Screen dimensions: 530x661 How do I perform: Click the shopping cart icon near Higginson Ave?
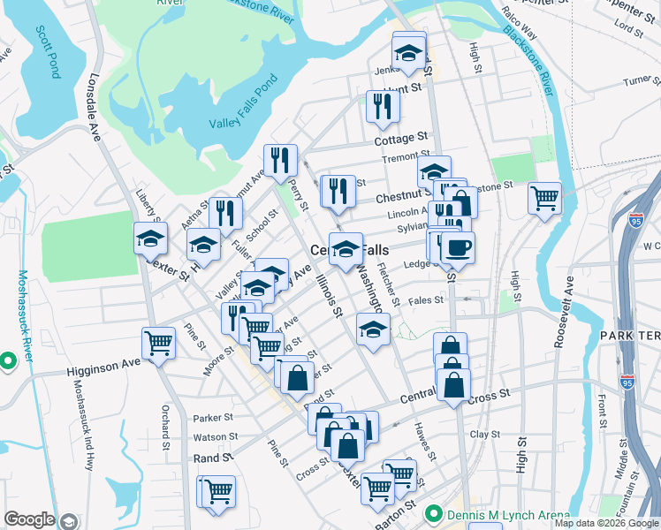tap(159, 343)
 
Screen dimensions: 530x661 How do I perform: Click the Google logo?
tap(30, 519)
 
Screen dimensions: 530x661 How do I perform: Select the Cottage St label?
tap(400, 139)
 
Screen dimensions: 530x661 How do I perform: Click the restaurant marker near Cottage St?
tap(383, 106)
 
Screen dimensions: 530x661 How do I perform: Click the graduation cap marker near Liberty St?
tap(150, 238)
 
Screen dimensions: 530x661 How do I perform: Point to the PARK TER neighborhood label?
tap(629, 337)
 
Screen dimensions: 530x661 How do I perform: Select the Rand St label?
tap(212, 458)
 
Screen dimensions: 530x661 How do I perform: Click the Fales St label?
tap(425, 300)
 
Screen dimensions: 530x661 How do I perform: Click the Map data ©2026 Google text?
tap(605, 523)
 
